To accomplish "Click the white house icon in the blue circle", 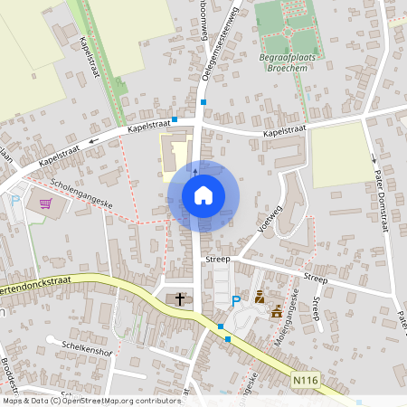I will [203, 195].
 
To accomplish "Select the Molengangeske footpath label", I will [295, 312].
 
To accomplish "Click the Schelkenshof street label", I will [85, 346].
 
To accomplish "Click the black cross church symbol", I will [179, 298].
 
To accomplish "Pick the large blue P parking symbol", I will [236, 301].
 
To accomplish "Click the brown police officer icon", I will [260, 296].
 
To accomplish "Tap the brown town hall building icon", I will [276, 312].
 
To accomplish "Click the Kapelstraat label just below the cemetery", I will [285, 132].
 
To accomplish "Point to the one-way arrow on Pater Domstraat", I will [374, 159].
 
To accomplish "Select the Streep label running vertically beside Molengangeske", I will [317, 309].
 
